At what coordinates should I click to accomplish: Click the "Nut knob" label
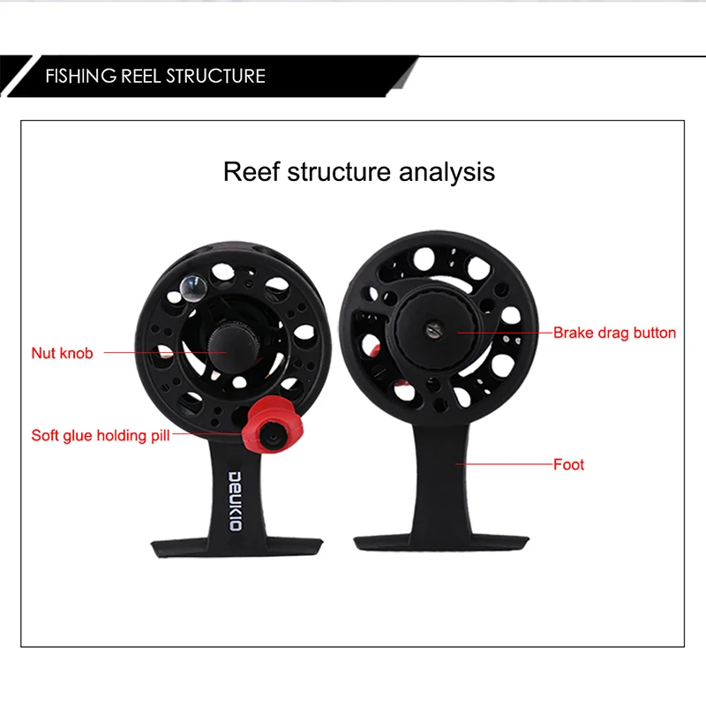tap(62, 353)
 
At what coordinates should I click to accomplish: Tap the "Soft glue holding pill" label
tap(101, 435)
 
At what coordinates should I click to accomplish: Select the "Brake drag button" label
tap(614, 333)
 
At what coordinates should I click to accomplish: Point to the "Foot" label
tap(568, 464)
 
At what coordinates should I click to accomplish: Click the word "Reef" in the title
tap(252, 171)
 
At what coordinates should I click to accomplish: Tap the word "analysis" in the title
tap(447, 172)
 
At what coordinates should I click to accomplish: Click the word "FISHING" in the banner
tap(81, 76)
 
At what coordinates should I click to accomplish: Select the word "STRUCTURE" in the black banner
tap(215, 76)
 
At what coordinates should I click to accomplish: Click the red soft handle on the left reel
tap(272, 426)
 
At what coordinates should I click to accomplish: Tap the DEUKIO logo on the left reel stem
tap(236, 501)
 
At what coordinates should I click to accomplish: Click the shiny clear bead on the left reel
tap(192, 288)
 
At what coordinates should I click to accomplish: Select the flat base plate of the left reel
tap(237, 547)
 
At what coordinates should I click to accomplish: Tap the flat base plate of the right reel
tap(441, 543)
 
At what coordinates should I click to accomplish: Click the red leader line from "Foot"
tap(504, 464)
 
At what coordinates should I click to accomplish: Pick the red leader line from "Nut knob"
tap(165, 352)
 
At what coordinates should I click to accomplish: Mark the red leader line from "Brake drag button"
tap(505, 333)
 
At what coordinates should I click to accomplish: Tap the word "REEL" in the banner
tap(141, 76)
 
